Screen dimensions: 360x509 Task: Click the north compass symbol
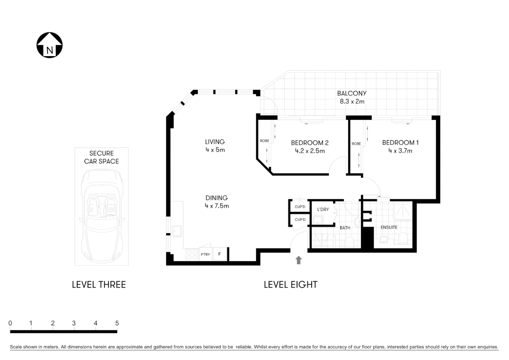[x=49, y=45]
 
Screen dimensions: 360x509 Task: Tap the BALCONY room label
[x=351, y=93]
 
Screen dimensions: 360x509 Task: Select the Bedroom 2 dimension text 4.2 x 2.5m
[x=309, y=151]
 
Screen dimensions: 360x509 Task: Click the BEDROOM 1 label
[x=400, y=143]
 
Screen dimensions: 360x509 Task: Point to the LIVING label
[x=215, y=142]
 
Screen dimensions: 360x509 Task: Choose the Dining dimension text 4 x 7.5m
[x=217, y=206]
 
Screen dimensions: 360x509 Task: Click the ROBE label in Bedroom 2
[x=264, y=141]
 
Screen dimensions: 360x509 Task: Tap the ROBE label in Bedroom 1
[x=356, y=144]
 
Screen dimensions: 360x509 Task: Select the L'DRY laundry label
[x=323, y=209]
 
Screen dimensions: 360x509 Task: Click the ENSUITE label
[x=389, y=227]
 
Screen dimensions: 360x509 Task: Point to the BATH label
[x=345, y=228]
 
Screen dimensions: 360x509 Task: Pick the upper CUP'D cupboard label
[x=300, y=207]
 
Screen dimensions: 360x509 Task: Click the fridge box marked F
[x=220, y=254]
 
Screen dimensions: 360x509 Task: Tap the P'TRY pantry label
[x=205, y=255]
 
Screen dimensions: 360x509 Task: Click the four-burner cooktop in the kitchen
[x=192, y=255]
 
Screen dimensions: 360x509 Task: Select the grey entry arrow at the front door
[x=298, y=260]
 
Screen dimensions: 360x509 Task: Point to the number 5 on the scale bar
[x=117, y=323]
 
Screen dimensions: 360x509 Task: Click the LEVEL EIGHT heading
[x=290, y=285]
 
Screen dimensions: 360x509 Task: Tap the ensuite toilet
[x=403, y=238]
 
